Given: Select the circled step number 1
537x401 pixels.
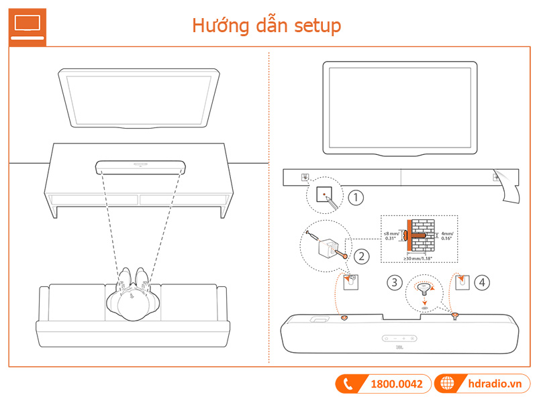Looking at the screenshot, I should (356, 198).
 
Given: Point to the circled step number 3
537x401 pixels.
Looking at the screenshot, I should (395, 282).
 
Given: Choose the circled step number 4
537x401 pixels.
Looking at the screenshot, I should (481, 282).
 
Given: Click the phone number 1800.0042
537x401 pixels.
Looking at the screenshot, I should (397, 384).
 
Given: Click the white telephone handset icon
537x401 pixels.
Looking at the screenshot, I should (348, 384).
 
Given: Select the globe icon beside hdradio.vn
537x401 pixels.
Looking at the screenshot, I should (446, 384).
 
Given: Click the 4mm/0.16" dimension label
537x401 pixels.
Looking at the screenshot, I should (447, 237).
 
